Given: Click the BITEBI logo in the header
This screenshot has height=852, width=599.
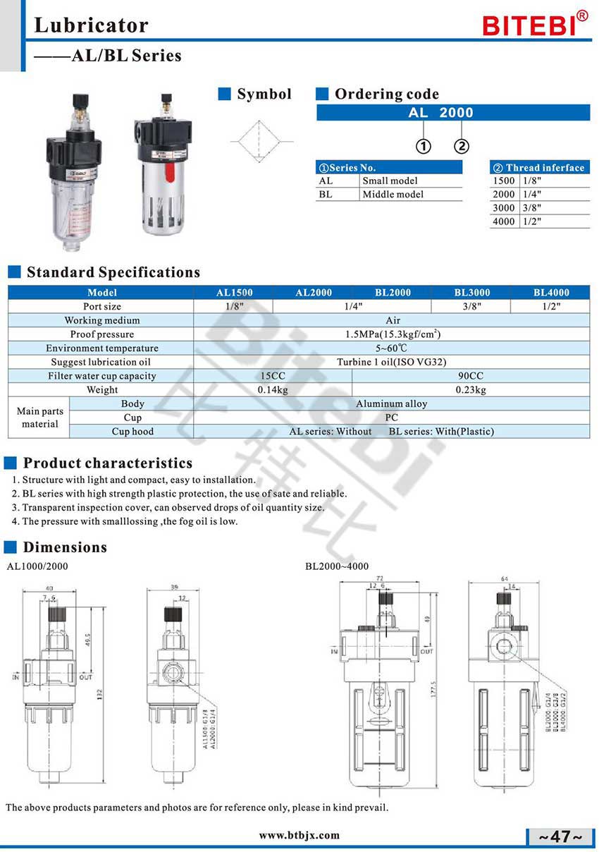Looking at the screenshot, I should coord(533,25).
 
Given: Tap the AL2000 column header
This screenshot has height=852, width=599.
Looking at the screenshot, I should coord(313,292).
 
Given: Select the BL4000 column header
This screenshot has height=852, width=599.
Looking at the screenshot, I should coord(550,292).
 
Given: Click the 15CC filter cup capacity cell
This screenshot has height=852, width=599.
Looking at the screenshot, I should coord(273,376).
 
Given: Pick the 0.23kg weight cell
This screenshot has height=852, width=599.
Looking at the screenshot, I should coord(470,389).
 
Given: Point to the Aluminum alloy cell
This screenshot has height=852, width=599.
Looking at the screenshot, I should coord(391,403).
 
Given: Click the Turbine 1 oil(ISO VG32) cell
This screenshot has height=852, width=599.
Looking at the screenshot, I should coord(391,362).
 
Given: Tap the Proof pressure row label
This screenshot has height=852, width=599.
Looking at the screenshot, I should coord(101,334).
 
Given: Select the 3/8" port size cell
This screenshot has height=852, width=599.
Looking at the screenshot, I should coord(471,306).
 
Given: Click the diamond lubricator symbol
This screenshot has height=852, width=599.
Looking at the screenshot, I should coord(257,142).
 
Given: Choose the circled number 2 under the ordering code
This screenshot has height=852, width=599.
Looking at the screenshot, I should coord(461,147).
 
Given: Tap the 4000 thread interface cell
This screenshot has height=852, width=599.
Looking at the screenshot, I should coord(504,221).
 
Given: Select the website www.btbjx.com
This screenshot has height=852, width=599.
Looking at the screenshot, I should coord(299,835).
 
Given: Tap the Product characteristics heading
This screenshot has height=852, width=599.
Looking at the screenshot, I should coord(107,463).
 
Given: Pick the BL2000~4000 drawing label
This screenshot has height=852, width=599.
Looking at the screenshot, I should coord(336,566).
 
